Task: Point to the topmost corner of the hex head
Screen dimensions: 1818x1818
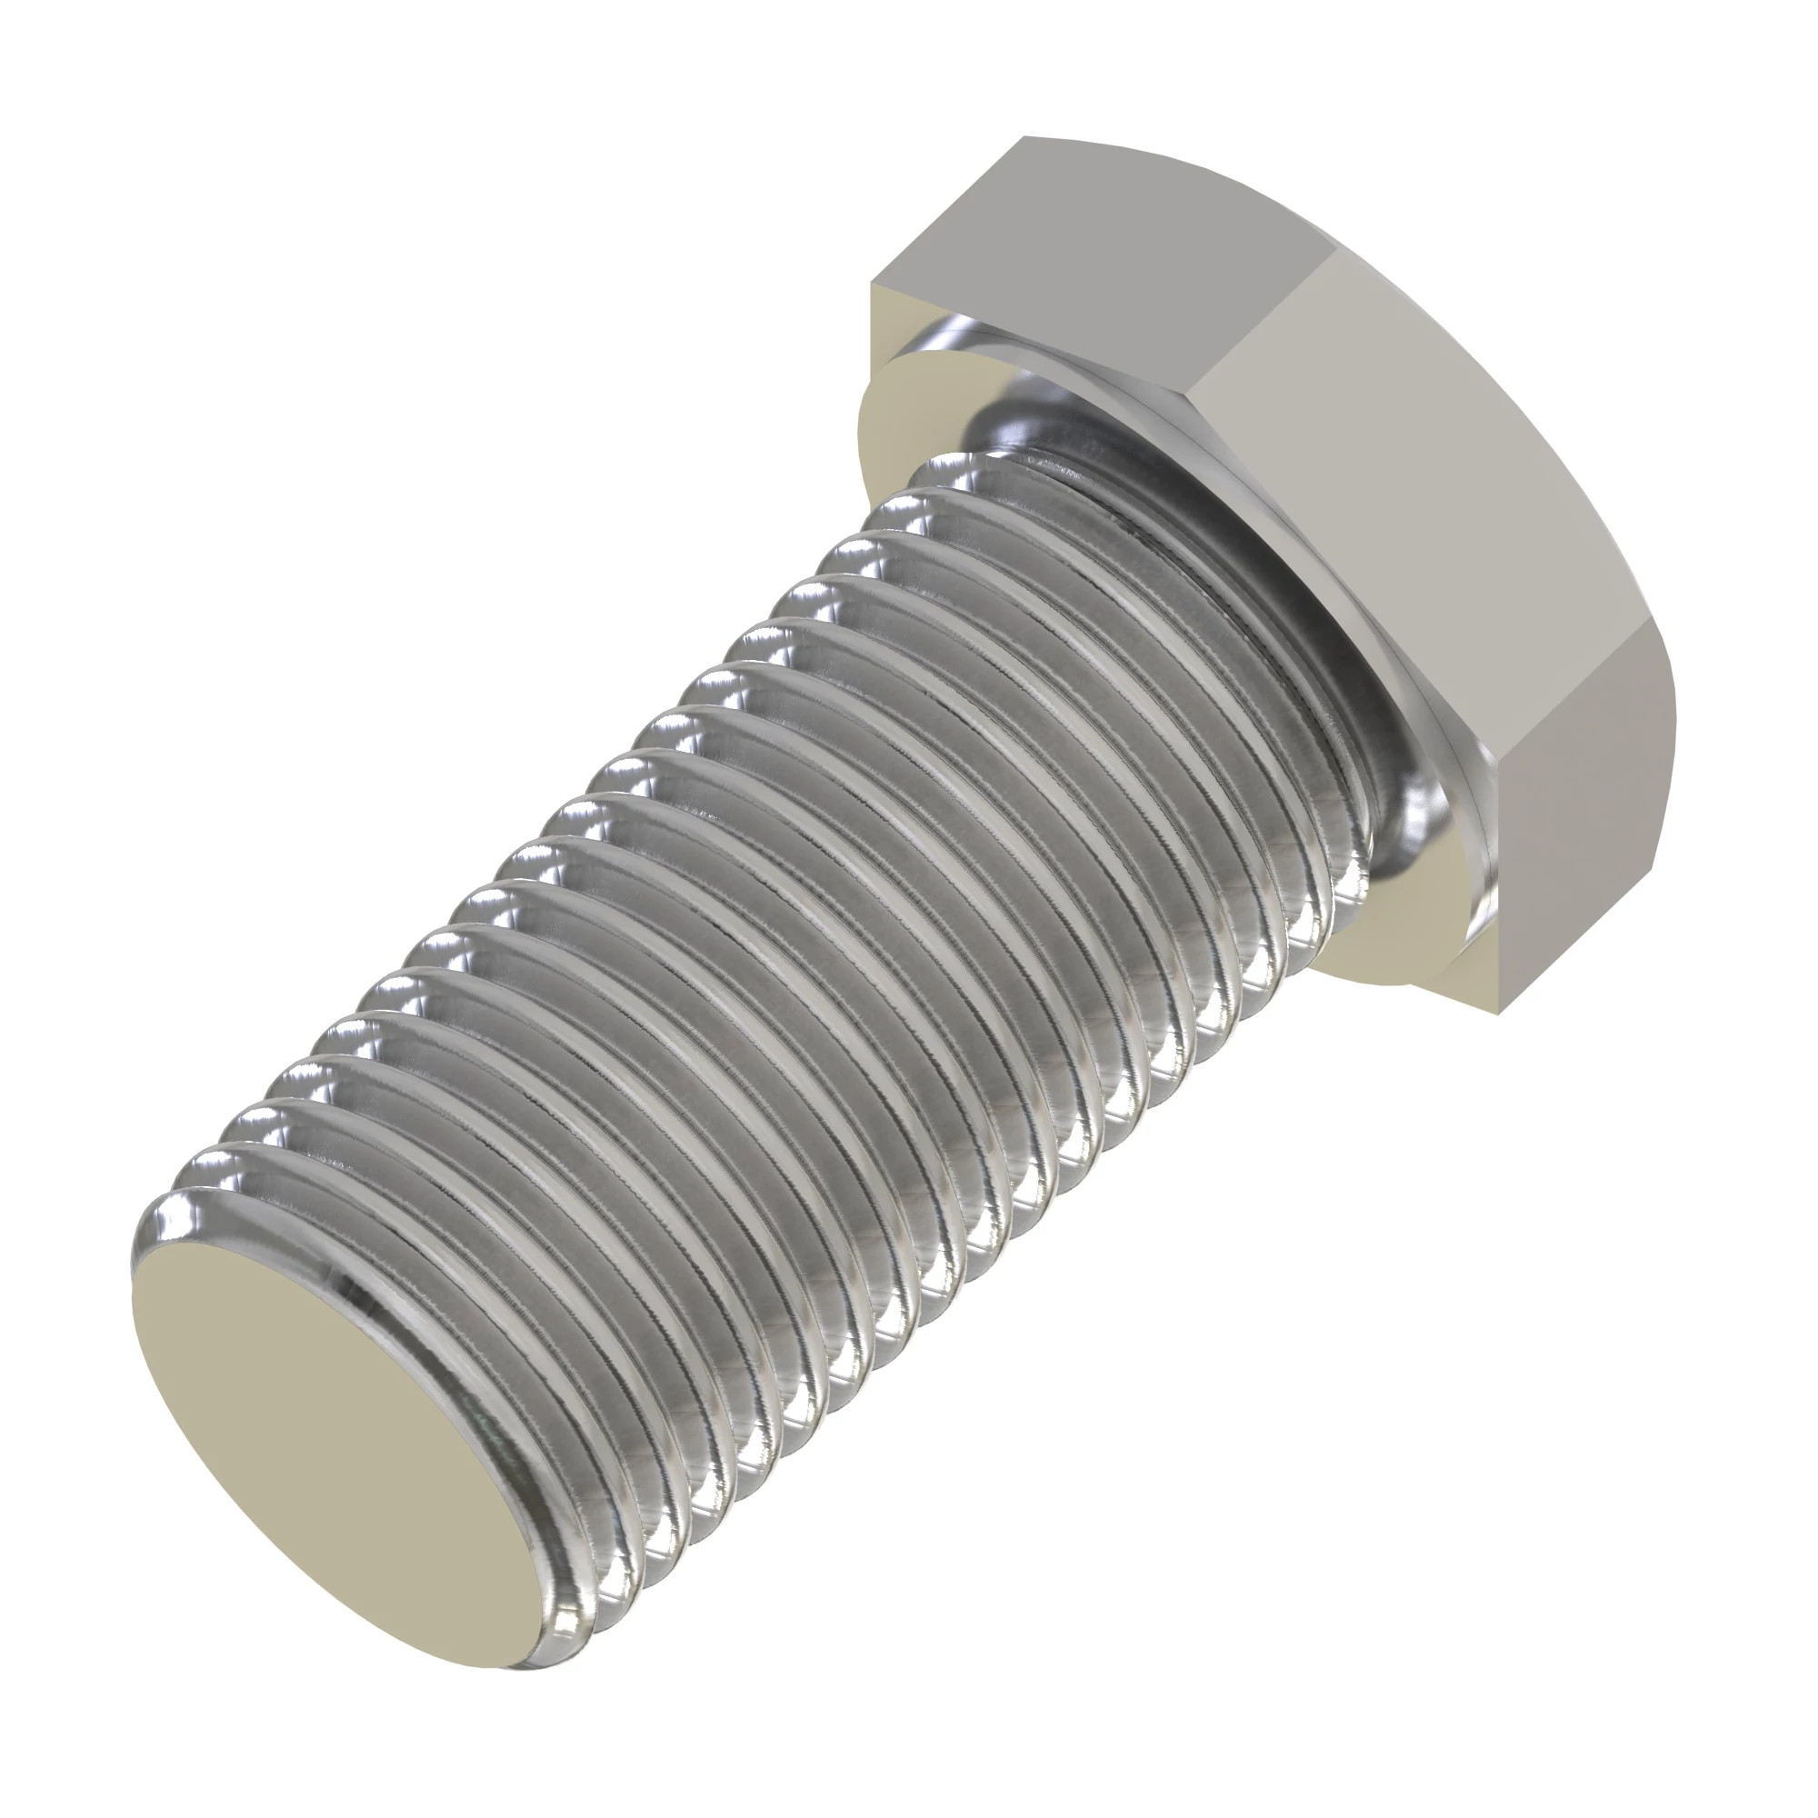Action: [1024, 138]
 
